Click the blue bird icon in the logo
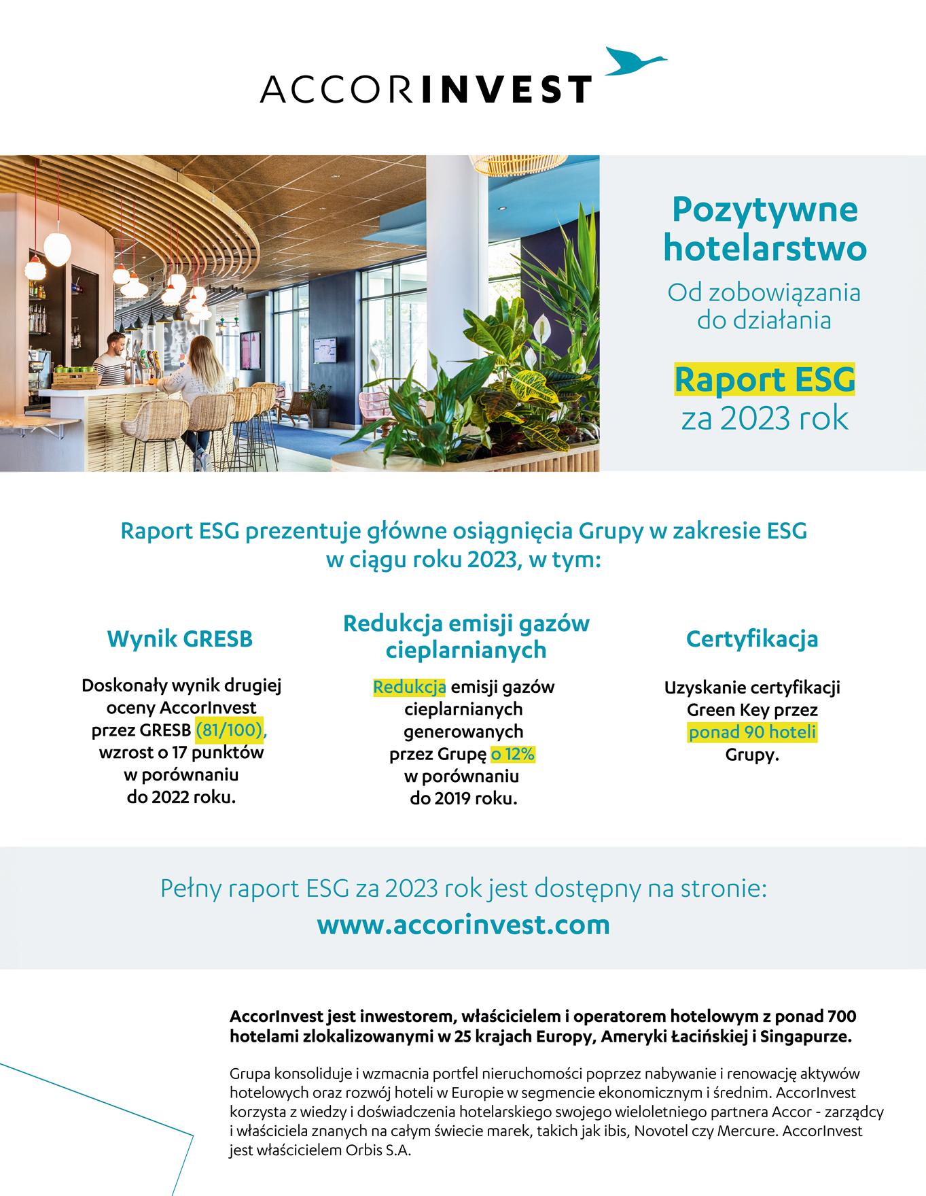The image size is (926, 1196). [x=635, y=61]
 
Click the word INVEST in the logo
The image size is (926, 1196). [x=507, y=89]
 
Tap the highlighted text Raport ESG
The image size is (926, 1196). [x=764, y=381]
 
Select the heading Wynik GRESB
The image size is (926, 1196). [x=180, y=639]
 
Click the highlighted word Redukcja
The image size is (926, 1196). [x=409, y=687]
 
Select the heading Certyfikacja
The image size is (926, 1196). [x=752, y=639]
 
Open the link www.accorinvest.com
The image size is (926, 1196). [x=463, y=925]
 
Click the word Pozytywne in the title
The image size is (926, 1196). [x=764, y=209]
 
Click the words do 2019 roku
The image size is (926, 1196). [x=464, y=799]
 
